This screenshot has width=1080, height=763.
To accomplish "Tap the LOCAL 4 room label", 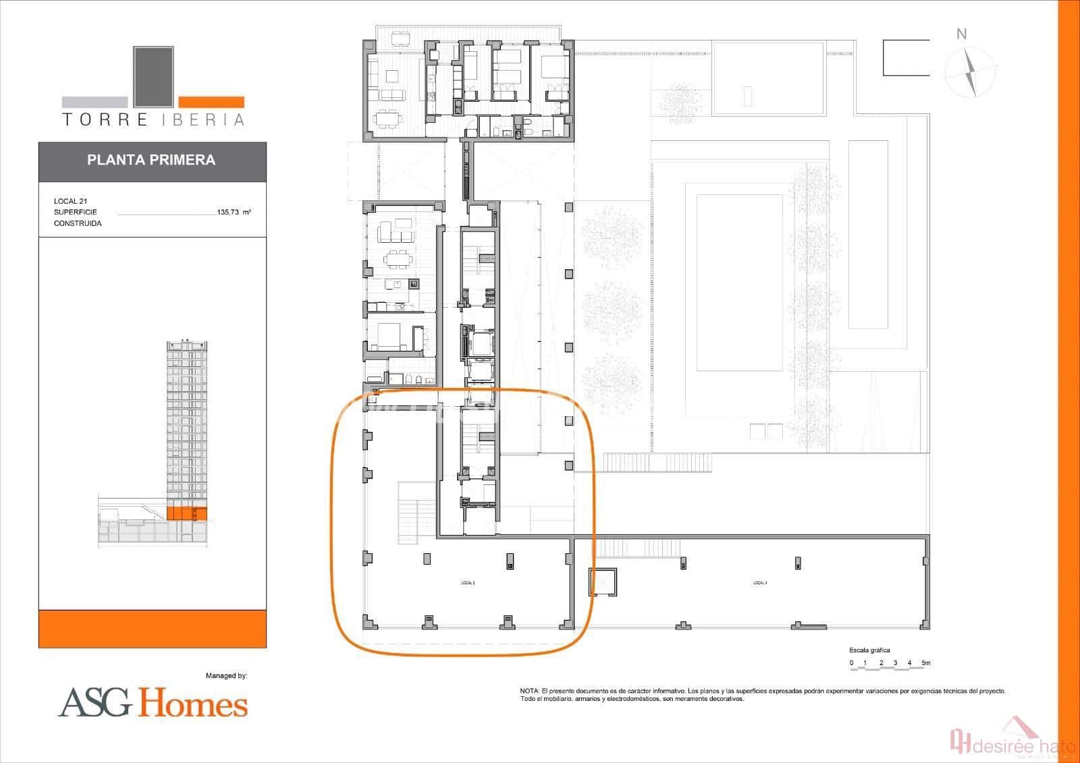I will (x=760, y=582).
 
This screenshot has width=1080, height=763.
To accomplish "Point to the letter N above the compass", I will (x=962, y=34).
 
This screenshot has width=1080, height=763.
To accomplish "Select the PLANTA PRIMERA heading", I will (x=151, y=160).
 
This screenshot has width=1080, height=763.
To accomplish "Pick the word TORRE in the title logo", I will (x=105, y=120).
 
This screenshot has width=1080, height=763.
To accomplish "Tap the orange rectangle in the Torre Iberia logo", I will (x=211, y=102).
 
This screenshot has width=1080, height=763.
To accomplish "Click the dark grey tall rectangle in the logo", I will (x=153, y=76).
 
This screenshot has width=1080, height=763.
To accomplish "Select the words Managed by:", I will (x=226, y=675).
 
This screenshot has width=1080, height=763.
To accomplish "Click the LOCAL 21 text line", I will (x=70, y=201).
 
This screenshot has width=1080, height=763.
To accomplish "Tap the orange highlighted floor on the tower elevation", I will (x=186, y=513).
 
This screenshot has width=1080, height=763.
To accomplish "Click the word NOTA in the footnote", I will (x=529, y=691).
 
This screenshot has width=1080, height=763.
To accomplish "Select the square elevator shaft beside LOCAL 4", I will (x=602, y=582).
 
